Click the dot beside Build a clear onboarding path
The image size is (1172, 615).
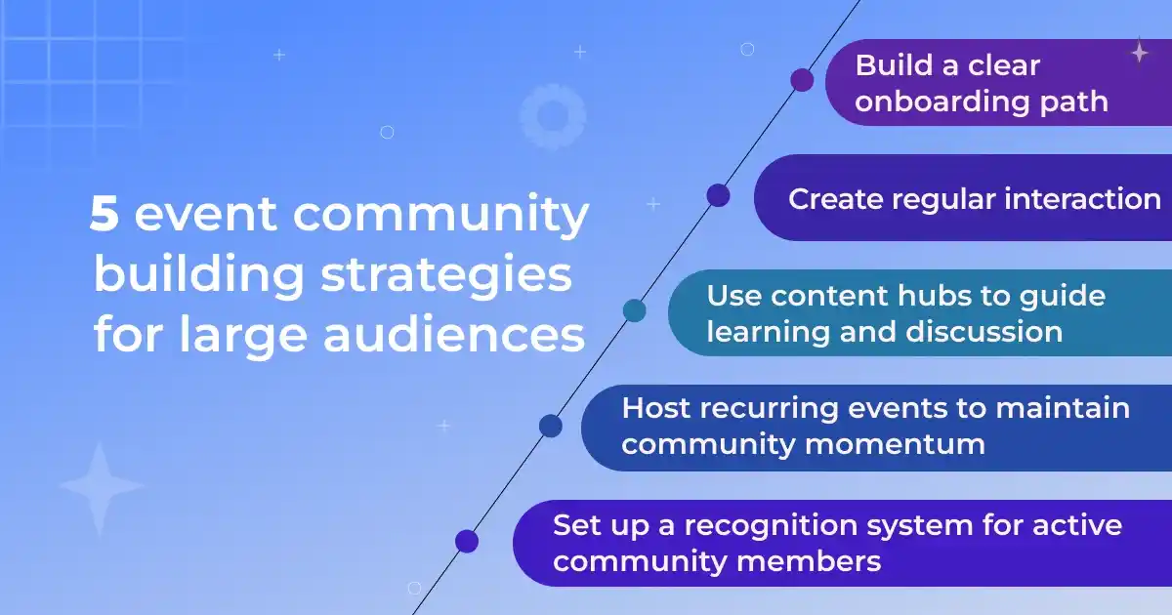(x=802, y=80)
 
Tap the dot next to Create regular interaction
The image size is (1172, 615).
(x=718, y=195)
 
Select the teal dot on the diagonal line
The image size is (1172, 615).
(x=634, y=310)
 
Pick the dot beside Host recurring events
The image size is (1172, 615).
(x=551, y=426)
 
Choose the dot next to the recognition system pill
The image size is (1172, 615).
(x=467, y=541)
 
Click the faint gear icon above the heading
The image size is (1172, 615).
(x=552, y=116)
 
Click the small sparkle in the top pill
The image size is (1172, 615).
(x=1139, y=52)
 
